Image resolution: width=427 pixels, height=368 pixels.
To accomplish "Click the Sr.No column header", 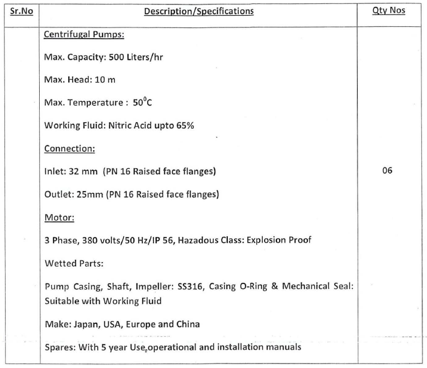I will coord(22,11).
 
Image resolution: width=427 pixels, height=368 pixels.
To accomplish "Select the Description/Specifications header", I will coord(199,11).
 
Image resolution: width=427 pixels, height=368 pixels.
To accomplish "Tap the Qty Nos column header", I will coord(388,11).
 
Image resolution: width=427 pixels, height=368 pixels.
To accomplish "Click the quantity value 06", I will coord(387,170).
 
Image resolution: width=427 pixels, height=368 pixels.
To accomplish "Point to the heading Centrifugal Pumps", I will coord(84,35).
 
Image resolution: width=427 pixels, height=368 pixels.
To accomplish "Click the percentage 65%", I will coord(185,125).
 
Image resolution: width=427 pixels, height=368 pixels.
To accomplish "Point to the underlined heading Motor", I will coord(58,217).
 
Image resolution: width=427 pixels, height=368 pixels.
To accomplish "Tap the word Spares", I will coord(58,347).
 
